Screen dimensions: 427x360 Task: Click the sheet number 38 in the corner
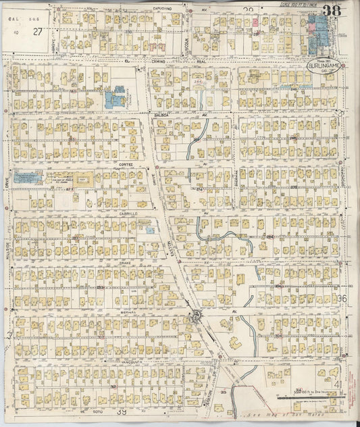click(x=331, y=10)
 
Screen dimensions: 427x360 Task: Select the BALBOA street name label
click(x=161, y=115)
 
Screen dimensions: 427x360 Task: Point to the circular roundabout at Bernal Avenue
click(x=197, y=315)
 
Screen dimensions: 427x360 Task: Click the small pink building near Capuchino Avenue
click(x=257, y=22)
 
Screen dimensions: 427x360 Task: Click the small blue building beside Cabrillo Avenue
click(x=151, y=230)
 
